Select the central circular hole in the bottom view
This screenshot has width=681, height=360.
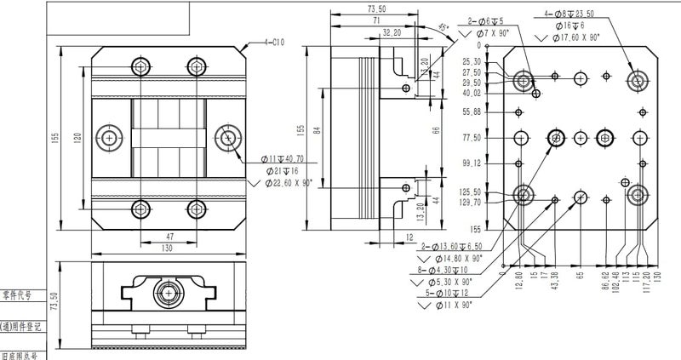click(169, 293)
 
